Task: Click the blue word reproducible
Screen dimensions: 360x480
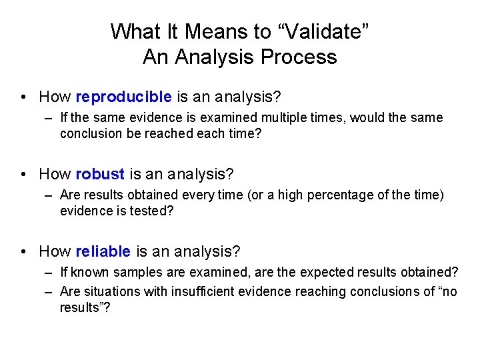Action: [x=123, y=97]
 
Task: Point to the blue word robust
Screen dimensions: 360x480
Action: [x=100, y=174]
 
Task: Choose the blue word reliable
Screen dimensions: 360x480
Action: [x=103, y=251]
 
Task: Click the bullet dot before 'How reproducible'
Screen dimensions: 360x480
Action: [x=24, y=97]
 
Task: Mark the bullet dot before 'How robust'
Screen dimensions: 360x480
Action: [x=24, y=175]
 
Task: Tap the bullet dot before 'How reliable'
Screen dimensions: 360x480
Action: [x=24, y=252]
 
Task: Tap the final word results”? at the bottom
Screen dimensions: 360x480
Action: [x=83, y=307]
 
